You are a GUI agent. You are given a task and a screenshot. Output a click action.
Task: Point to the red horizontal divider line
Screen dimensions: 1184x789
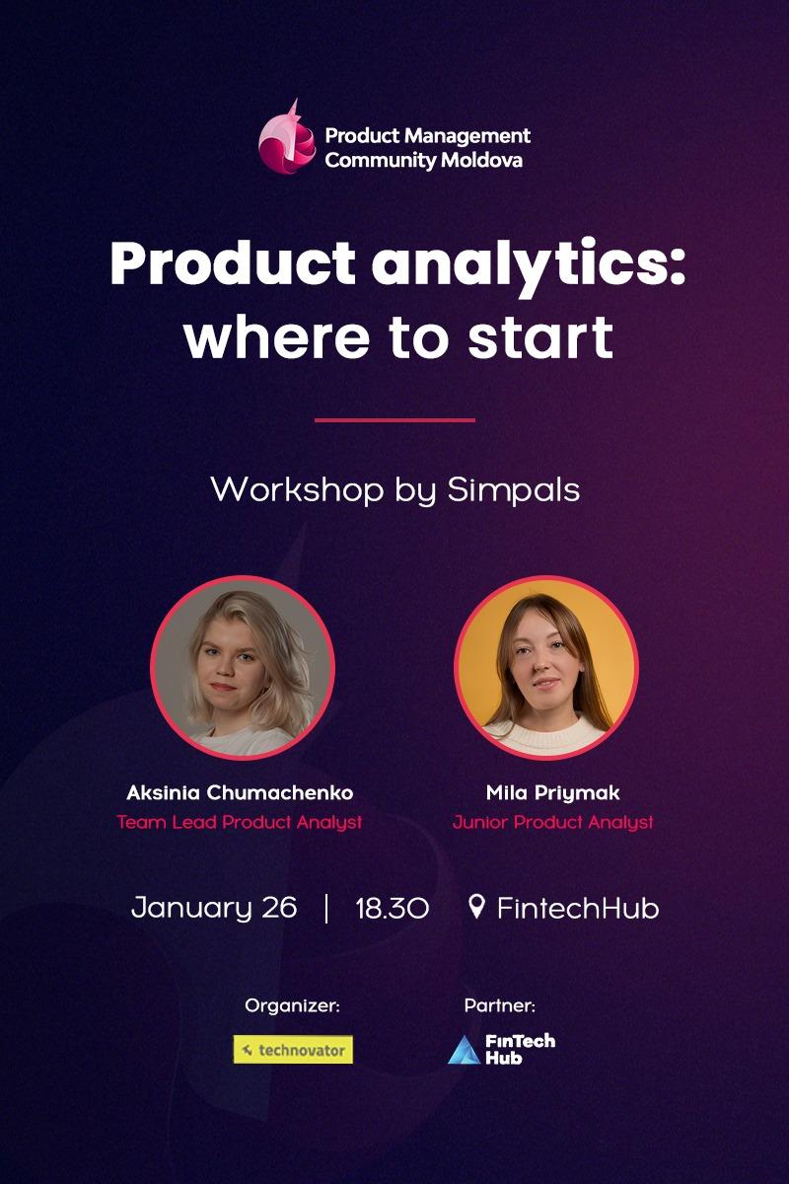tap(394, 420)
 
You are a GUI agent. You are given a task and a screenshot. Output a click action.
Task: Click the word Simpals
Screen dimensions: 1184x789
tap(513, 489)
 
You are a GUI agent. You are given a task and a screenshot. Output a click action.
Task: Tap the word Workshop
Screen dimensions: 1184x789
tap(285, 489)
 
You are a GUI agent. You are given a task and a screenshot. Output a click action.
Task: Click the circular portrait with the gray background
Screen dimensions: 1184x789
tap(243, 667)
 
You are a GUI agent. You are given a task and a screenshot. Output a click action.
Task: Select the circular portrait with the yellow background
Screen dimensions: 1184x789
tap(545, 667)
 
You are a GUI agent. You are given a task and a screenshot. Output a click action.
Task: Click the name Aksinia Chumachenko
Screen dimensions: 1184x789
tap(240, 793)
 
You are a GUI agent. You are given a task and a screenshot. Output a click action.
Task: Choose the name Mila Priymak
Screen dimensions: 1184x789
tap(552, 793)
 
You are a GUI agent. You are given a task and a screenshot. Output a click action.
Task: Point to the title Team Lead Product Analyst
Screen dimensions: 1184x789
tap(240, 822)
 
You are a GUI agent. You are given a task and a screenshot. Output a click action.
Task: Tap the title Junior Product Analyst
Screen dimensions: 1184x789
tap(552, 822)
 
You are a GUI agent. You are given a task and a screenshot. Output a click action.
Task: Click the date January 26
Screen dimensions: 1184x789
tap(214, 908)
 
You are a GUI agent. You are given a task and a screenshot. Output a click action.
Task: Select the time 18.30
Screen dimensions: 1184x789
tap(392, 908)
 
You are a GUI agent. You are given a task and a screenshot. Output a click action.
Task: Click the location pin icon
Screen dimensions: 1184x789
tap(476, 906)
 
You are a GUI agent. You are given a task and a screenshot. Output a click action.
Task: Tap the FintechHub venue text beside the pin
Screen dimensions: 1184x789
tap(577, 908)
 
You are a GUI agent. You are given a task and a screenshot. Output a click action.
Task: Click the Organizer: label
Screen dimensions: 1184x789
tap(292, 1006)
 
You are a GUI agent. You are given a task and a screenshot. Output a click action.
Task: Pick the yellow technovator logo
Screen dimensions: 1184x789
tap(293, 1050)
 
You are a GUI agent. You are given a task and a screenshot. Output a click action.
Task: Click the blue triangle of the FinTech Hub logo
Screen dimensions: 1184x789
tap(464, 1052)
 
